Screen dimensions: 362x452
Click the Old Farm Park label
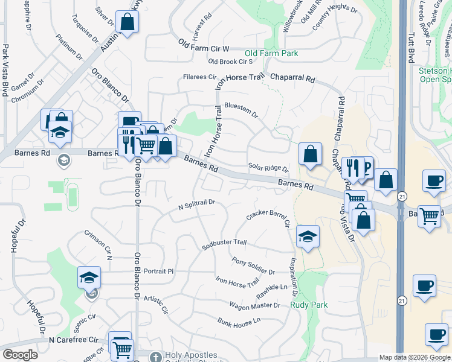click(x=271, y=53)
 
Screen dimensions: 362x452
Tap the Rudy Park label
click(x=309, y=305)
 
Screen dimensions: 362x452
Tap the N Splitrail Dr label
click(x=196, y=205)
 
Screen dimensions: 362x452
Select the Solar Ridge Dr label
click(x=268, y=167)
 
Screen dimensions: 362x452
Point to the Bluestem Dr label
click(x=241, y=110)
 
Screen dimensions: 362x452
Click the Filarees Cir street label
click(x=200, y=77)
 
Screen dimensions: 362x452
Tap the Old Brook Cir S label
click(x=230, y=62)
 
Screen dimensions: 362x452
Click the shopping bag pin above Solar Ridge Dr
click(x=310, y=154)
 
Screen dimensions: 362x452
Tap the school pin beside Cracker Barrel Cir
click(x=308, y=237)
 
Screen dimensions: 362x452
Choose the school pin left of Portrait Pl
click(x=89, y=278)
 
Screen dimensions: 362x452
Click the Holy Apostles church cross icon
click(x=156, y=357)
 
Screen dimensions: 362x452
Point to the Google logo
click(x=20, y=355)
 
